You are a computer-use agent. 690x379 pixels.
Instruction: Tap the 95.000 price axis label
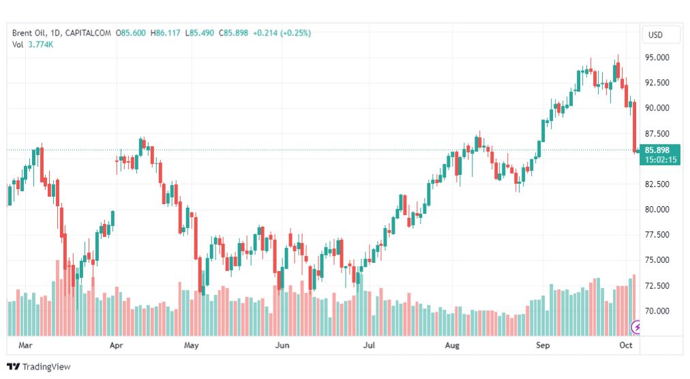point(657,58)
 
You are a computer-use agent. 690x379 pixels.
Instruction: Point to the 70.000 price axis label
point(657,311)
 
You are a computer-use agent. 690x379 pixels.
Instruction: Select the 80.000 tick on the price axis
point(657,210)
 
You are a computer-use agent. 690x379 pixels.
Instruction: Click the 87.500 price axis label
point(657,134)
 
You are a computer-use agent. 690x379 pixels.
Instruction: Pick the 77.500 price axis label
point(657,235)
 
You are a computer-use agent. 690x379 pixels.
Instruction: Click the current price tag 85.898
point(657,150)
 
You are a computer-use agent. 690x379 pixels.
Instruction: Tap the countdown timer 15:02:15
point(661,160)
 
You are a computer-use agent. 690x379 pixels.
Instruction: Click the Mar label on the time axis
point(25,345)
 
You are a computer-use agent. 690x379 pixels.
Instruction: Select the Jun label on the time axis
point(282,345)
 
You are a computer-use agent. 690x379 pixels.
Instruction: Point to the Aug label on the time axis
point(452,345)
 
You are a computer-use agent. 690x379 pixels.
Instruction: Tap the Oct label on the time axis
point(626,345)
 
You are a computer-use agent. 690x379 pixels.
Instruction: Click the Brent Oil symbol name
point(29,33)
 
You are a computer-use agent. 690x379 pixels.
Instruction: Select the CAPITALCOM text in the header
point(88,33)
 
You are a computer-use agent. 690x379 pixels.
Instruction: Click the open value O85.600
point(131,33)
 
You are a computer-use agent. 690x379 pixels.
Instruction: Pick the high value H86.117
point(166,33)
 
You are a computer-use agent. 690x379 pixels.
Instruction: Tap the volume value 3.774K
point(40,44)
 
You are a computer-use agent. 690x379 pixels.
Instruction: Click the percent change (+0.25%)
point(296,33)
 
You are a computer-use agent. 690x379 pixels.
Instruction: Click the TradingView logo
point(39,367)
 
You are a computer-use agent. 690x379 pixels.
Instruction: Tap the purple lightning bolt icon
point(635,327)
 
